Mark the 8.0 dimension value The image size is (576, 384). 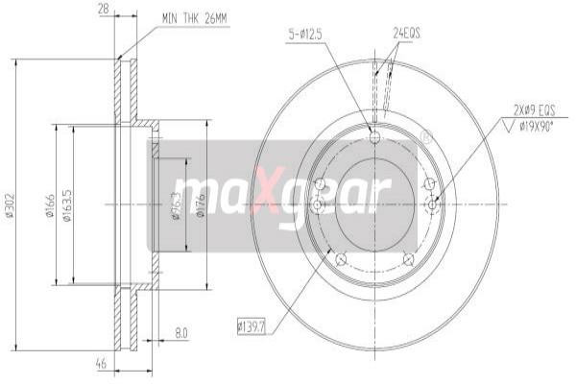(x=180, y=334)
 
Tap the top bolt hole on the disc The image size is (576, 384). (x=374, y=136)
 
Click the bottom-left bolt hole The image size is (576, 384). (x=340, y=258)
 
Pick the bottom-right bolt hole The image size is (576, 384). (x=408, y=258)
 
